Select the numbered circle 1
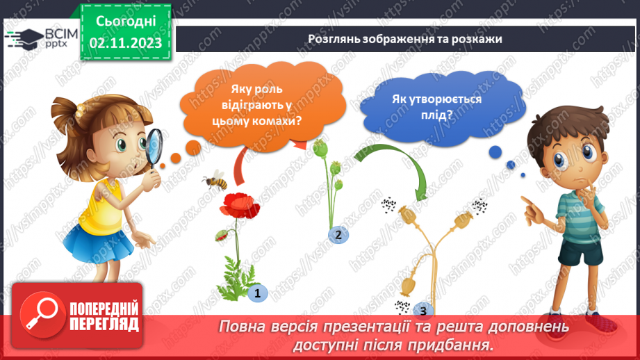[257, 293]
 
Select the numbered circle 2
[338, 235]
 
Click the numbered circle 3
[422, 311]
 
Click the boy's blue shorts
[580, 250]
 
